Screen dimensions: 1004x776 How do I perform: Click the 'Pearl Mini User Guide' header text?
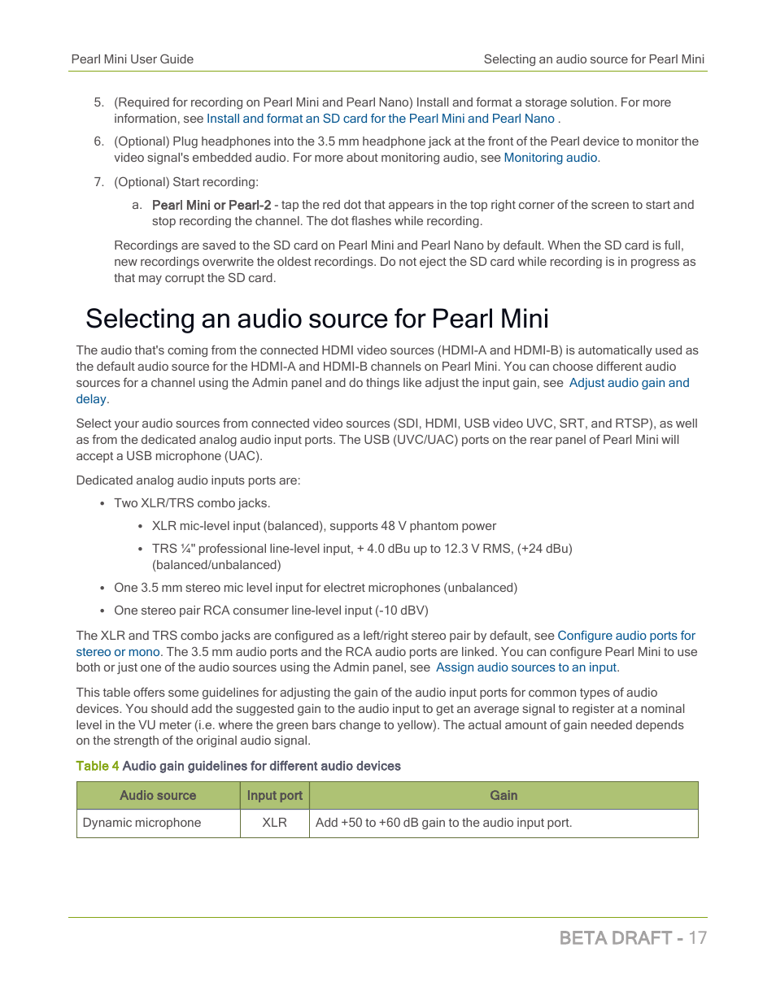[x=132, y=59]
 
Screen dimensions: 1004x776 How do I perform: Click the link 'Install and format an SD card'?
[x=287, y=119]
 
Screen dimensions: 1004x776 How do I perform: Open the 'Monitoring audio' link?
[x=550, y=158]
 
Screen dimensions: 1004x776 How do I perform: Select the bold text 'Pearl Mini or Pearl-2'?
[x=211, y=205]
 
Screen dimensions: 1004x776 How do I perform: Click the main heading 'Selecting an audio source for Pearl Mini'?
[x=316, y=319]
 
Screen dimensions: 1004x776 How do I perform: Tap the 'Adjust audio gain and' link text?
[x=629, y=383]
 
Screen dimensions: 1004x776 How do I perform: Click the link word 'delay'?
[x=91, y=399]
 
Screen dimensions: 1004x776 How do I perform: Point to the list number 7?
[x=98, y=182]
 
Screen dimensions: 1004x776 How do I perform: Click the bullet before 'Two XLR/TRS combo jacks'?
[x=102, y=504]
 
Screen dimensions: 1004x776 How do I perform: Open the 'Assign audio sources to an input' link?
[x=526, y=667]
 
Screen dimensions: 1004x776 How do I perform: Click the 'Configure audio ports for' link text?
[x=626, y=636]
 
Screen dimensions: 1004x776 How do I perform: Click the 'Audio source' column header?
[x=158, y=795]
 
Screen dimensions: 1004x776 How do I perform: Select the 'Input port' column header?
[x=274, y=795]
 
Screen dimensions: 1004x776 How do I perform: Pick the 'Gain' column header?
[x=504, y=795]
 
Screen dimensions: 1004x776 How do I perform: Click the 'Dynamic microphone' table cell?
[x=142, y=823]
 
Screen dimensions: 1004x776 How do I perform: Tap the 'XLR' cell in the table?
[x=274, y=823]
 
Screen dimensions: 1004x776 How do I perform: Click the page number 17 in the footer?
[x=697, y=937]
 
